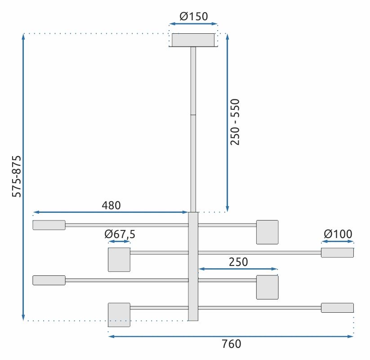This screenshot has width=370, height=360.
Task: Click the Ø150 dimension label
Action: point(193,17)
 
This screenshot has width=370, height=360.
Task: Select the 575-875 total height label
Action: point(17,176)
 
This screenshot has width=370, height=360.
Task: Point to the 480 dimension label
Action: point(111,205)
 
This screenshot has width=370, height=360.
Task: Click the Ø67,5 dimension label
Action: point(120,234)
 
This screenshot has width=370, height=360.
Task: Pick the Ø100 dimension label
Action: point(338,234)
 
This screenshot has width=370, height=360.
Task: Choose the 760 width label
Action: point(232,344)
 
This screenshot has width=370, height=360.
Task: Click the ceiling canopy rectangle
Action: point(193,40)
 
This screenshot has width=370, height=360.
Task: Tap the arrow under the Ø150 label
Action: point(193,24)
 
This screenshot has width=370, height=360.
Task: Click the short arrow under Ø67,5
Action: point(120,242)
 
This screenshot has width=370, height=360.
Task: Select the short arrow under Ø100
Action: point(338,242)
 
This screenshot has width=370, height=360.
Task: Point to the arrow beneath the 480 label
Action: point(111,212)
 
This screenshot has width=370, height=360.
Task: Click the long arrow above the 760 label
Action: point(231,336)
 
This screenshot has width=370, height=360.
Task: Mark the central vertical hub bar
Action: point(193,266)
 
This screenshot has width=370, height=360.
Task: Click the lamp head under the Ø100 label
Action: point(337,252)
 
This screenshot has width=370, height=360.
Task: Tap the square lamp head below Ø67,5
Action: point(119,260)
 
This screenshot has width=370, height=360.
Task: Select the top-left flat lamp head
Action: point(49,225)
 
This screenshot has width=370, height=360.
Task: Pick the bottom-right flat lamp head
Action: point(337,308)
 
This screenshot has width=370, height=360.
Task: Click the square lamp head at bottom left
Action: point(119,315)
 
